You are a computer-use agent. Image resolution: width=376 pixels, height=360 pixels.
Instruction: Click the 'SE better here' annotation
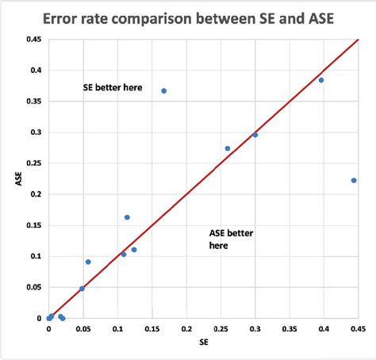pyautogui.click(x=113, y=87)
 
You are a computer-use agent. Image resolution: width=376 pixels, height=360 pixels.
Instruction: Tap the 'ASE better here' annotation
pyautogui.click(x=230, y=239)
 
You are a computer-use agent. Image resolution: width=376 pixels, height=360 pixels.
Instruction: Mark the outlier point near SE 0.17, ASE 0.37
pyautogui.click(x=163, y=90)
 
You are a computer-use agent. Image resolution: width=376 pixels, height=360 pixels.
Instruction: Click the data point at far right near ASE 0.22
pyautogui.click(x=354, y=180)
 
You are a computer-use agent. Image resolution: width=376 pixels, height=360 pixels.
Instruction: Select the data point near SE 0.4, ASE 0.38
pyautogui.click(x=321, y=80)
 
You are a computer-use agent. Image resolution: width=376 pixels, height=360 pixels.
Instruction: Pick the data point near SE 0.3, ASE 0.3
pyautogui.click(x=255, y=135)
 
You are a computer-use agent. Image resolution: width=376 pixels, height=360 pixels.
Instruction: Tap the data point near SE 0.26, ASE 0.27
pyautogui.click(x=228, y=148)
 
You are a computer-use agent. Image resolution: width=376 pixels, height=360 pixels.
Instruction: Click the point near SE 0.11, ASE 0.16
pyautogui.click(x=127, y=217)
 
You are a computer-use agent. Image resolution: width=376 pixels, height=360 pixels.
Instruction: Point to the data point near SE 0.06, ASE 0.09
pyautogui.click(x=88, y=262)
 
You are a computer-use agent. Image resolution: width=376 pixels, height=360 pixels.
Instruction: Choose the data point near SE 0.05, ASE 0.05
pyautogui.click(x=82, y=289)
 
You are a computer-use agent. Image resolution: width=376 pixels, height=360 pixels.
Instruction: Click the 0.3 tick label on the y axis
pyautogui.click(x=34, y=132)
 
